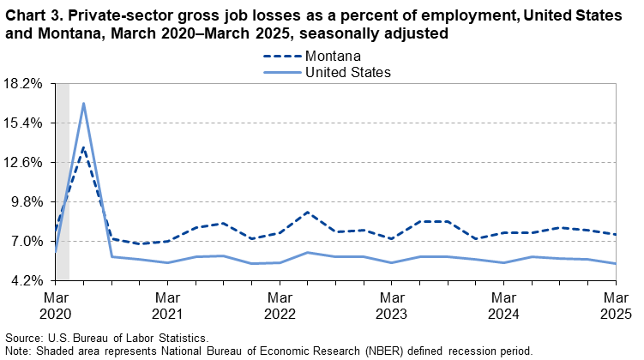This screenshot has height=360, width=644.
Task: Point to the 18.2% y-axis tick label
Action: (26, 83)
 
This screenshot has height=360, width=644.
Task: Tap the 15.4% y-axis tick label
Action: (26, 123)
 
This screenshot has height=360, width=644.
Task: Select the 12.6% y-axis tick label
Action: (26, 162)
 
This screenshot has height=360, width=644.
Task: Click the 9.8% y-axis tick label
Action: (29, 201)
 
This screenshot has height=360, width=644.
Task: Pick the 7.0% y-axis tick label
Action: (29, 241)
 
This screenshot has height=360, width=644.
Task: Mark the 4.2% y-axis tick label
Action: (29, 280)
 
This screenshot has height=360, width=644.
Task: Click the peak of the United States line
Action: (83, 104)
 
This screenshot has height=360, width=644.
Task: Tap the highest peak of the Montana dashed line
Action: (83, 147)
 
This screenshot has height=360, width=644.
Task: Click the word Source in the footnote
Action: (23, 339)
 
